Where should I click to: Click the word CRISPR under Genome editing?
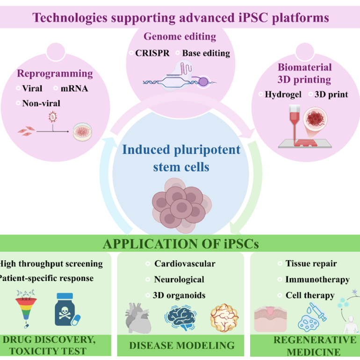(x=152, y=53)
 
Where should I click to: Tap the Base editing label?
(x=206, y=53)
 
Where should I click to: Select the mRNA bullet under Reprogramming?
(x=74, y=88)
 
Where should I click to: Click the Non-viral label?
(x=41, y=103)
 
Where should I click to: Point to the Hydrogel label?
(x=283, y=94)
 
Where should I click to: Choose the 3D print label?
(x=331, y=94)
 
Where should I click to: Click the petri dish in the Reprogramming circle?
(x=82, y=132)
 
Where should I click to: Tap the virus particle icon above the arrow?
(x=53, y=117)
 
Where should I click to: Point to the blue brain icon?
(x=180, y=318)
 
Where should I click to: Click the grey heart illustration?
(x=138, y=318)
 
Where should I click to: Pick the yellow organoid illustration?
(x=224, y=318)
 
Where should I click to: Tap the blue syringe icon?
(x=318, y=311)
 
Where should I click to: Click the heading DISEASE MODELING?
(x=182, y=346)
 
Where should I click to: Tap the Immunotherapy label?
(x=317, y=280)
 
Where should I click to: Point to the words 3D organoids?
(x=179, y=295)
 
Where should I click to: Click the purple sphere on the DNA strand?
(x=203, y=82)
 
